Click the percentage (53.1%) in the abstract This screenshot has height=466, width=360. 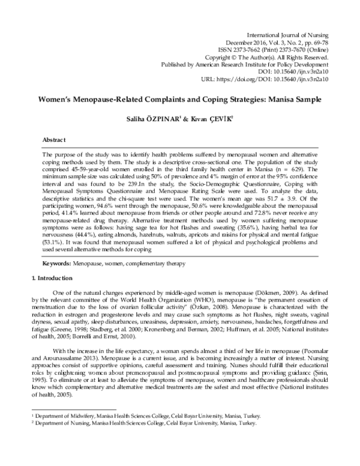click(55, 249)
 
